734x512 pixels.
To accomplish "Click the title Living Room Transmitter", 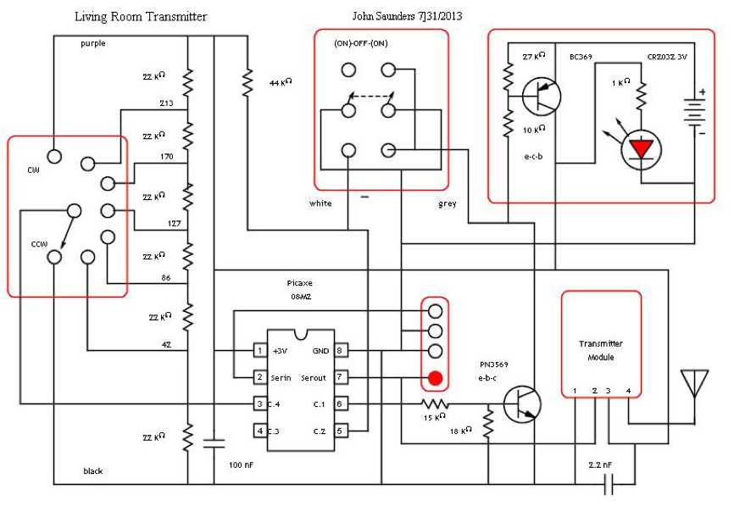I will (141, 16).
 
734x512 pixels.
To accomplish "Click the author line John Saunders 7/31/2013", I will (407, 16).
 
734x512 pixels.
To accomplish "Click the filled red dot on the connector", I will (435, 376).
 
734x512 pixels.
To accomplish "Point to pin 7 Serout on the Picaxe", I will (338, 376).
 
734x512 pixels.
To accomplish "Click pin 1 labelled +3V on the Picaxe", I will (260, 350).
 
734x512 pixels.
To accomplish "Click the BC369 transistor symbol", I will (541, 95).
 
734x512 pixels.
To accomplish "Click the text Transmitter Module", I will (600, 350).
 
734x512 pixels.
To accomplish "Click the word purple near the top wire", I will (93, 43).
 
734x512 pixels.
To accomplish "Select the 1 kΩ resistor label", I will (620, 82).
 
